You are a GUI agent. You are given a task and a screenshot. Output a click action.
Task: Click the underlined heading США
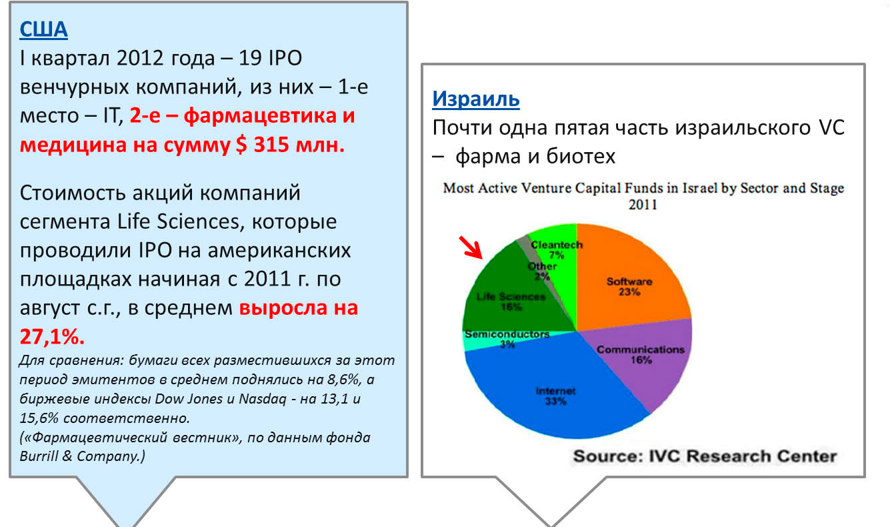[x=44, y=29]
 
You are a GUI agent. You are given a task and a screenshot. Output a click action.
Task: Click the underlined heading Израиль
[x=476, y=99]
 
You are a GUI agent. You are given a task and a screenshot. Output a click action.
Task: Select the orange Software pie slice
[x=632, y=278]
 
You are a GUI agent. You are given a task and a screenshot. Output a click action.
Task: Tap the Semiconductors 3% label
[x=507, y=339]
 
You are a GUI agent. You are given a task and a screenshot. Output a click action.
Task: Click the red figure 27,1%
[x=52, y=337]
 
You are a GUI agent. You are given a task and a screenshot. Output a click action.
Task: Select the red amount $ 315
[x=263, y=144]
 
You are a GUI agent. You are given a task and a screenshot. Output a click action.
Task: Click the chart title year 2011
[x=643, y=205]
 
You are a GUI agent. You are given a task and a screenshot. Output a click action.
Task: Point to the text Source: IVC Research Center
[x=705, y=456]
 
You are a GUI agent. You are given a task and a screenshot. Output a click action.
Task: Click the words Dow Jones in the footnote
[x=189, y=399]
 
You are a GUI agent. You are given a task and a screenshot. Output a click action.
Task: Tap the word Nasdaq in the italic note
[x=263, y=399]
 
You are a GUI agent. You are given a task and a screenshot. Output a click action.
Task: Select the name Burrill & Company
[x=81, y=456]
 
